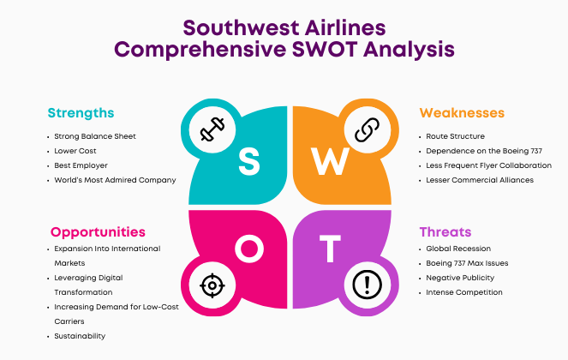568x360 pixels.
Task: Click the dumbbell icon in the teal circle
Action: click(212, 129)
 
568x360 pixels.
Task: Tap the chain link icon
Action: click(367, 129)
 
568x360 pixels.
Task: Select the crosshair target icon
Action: click(212, 285)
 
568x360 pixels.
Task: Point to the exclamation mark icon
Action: click(367, 285)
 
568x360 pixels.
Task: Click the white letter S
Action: click(249, 161)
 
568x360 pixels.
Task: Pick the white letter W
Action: click(330, 161)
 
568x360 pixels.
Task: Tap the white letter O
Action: click(248, 249)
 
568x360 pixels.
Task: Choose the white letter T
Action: click(330, 249)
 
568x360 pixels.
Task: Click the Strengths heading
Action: click(81, 113)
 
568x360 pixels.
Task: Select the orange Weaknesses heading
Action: click(462, 113)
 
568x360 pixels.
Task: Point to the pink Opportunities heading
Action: click(98, 232)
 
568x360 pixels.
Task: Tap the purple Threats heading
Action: click(445, 232)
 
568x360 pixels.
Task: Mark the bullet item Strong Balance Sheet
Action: click(95, 136)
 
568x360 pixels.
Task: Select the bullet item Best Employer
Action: click(81, 165)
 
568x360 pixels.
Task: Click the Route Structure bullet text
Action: click(455, 136)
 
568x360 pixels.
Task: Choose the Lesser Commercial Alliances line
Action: click(480, 180)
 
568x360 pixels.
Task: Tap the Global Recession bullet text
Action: click(458, 249)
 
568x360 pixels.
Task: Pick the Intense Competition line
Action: click(464, 292)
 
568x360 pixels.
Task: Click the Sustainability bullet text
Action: click(80, 336)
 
